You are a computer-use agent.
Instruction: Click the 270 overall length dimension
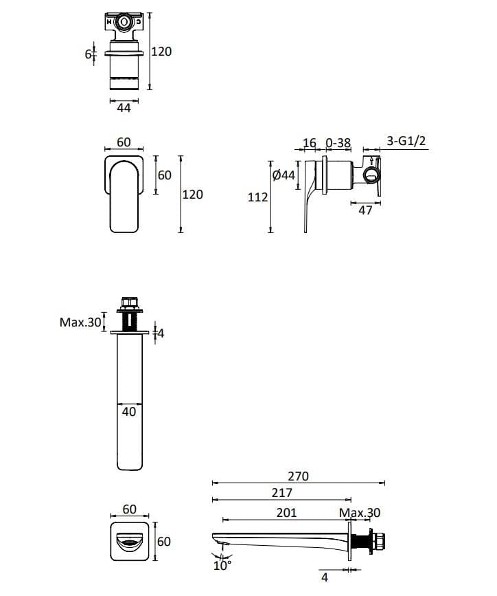[299, 476]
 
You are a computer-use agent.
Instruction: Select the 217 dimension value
[281, 493]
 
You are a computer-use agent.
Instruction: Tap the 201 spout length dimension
[287, 513]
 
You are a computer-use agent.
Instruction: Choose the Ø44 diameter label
[284, 175]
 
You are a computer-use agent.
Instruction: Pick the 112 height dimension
[257, 197]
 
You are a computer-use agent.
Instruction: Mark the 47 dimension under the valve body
[365, 211]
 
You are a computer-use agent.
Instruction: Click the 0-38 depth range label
[338, 143]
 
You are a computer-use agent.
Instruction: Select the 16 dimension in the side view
[310, 143]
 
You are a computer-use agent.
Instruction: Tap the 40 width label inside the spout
[128, 412]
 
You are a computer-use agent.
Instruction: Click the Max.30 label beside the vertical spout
[80, 322]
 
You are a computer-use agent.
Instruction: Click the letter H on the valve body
[109, 22]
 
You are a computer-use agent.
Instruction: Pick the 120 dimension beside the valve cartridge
[161, 52]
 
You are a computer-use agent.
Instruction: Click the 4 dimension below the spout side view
[324, 578]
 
